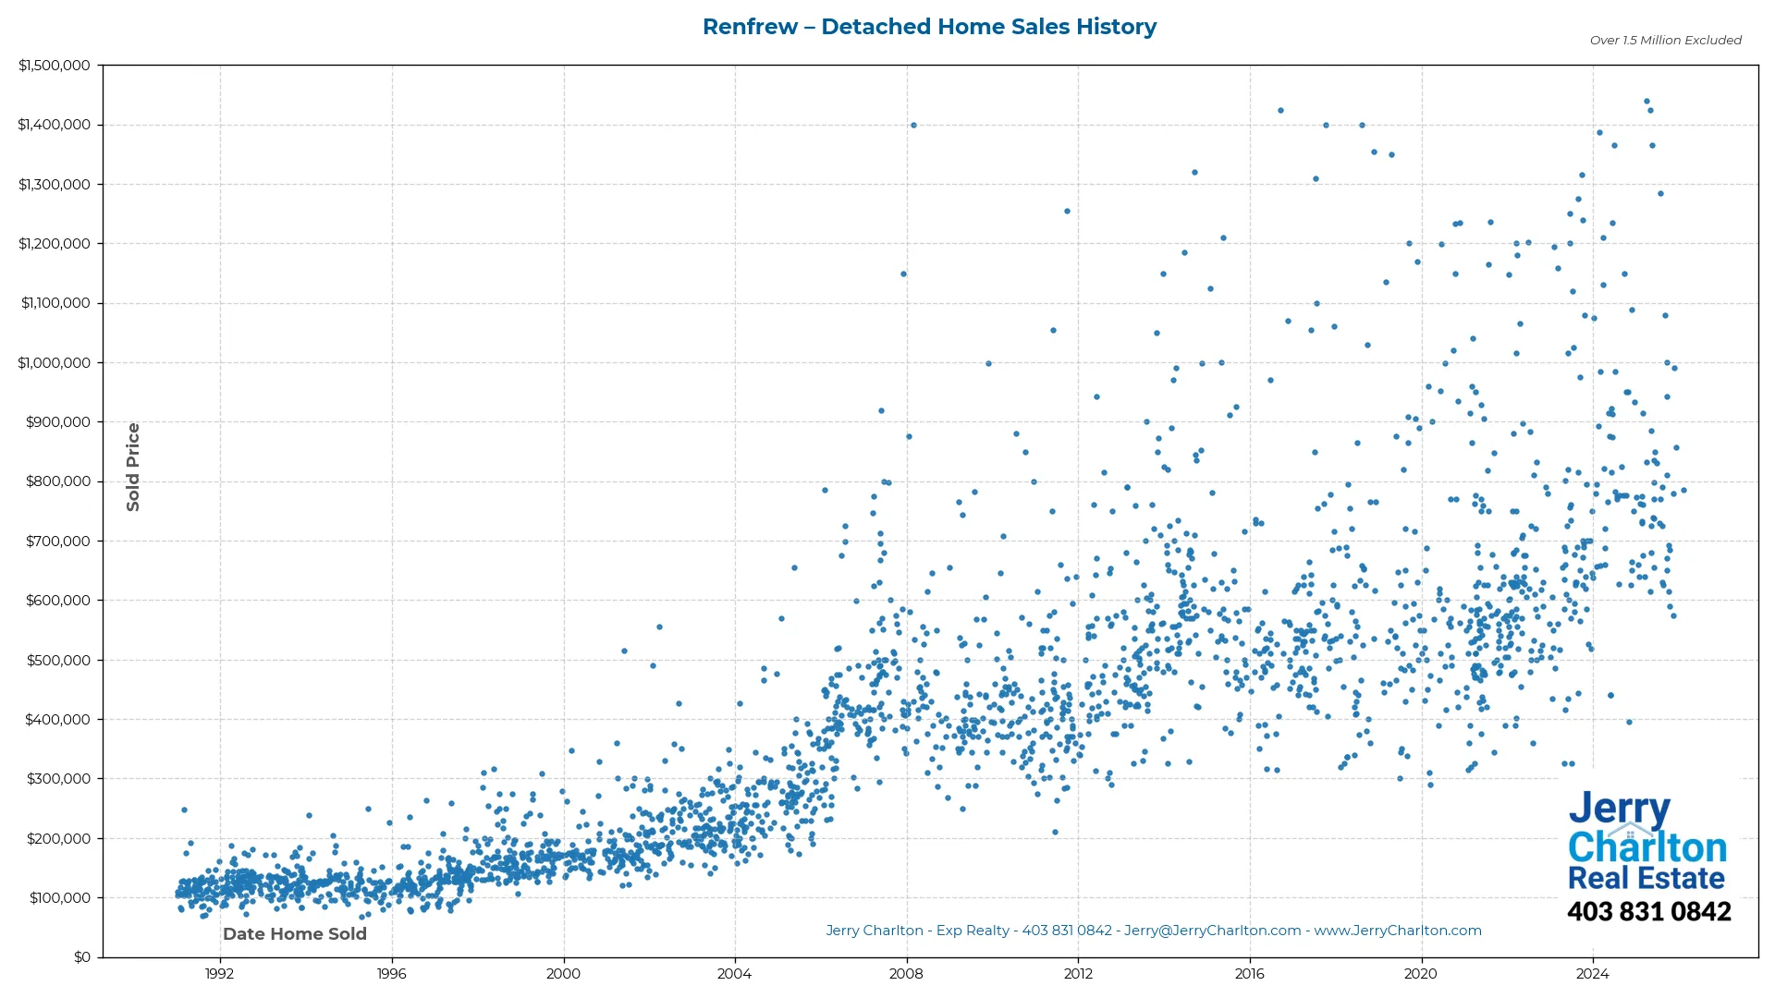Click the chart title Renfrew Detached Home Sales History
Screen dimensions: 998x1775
click(x=929, y=27)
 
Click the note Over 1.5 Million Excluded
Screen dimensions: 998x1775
click(x=1665, y=41)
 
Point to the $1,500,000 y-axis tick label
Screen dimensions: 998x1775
click(x=55, y=66)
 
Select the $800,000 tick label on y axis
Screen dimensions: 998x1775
click(x=58, y=481)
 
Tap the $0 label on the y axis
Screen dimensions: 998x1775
click(x=82, y=957)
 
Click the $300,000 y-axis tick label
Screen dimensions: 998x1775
click(x=58, y=779)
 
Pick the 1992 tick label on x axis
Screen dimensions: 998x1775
click(x=219, y=974)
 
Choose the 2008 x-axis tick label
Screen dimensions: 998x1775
click(x=906, y=974)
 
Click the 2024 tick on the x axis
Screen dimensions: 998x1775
click(x=1592, y=974)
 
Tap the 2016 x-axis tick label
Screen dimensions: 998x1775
click(x=1249, y=974)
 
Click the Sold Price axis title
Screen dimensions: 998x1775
click(x=133, y=467)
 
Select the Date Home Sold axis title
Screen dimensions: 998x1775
click(x=295, y=934)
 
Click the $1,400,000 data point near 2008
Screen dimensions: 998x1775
click(x=913, y=126)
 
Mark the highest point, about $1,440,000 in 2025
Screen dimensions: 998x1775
click(x=1646, y=102)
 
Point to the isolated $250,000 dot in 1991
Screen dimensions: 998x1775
click(x=184, y=810)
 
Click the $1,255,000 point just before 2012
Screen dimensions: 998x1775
click(x=1067, y=212)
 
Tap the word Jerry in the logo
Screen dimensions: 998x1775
click(x=1619, y=810)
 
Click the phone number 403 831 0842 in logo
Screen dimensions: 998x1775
click(x=1648, y=912)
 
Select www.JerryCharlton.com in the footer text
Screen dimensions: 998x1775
click(x=1398, y=931)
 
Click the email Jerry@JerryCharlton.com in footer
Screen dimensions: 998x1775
click(x=1212, y=931)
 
